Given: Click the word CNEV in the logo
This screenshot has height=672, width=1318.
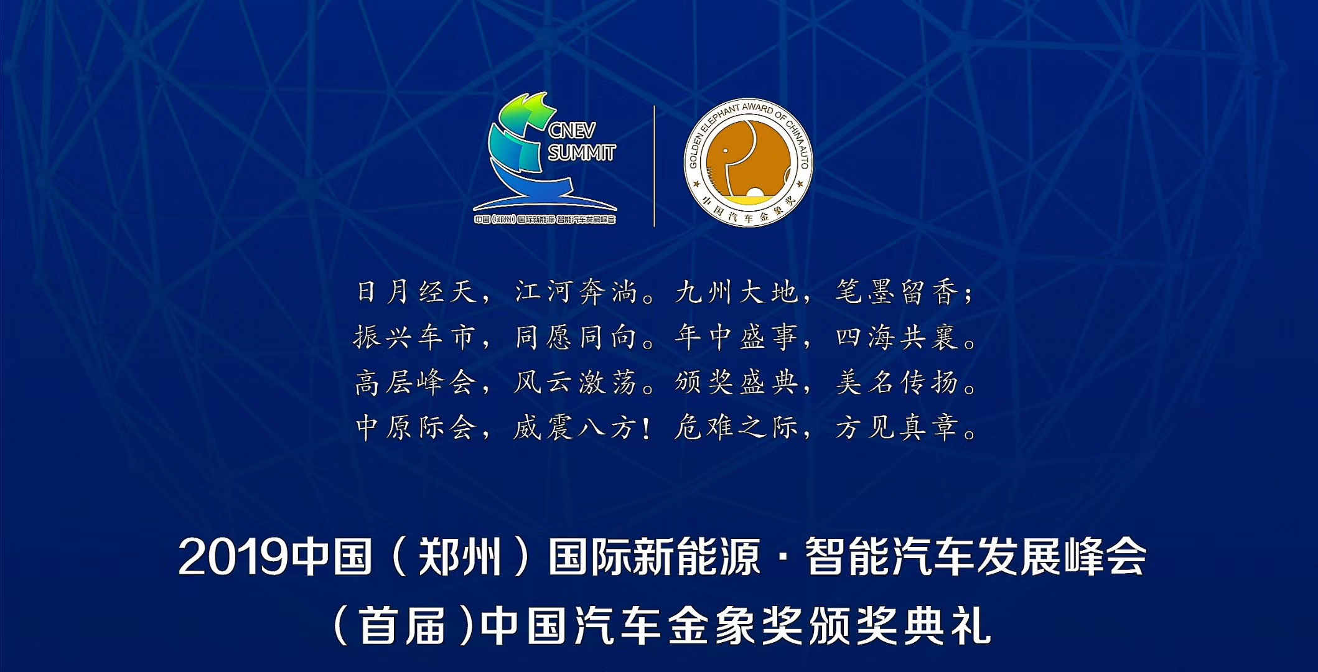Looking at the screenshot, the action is [x=572, y=130].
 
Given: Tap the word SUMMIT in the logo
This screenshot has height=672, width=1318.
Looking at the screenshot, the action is [x=582, y=152].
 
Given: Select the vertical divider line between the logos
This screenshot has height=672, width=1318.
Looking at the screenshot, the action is [x=654, y=166].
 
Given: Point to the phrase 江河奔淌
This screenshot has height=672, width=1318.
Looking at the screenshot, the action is [x=576, y=292].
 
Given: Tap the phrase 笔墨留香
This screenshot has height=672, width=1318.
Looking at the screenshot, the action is [x=897, y=292].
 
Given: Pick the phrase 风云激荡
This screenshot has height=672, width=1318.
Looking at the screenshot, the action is [x=576, y=382].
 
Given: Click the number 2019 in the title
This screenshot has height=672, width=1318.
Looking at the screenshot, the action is [x=233, y=558].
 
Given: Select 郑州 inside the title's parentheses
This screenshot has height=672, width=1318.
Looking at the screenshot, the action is [x=460, y=556].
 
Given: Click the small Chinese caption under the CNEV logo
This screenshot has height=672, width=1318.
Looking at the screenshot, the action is [x=545, y=220].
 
